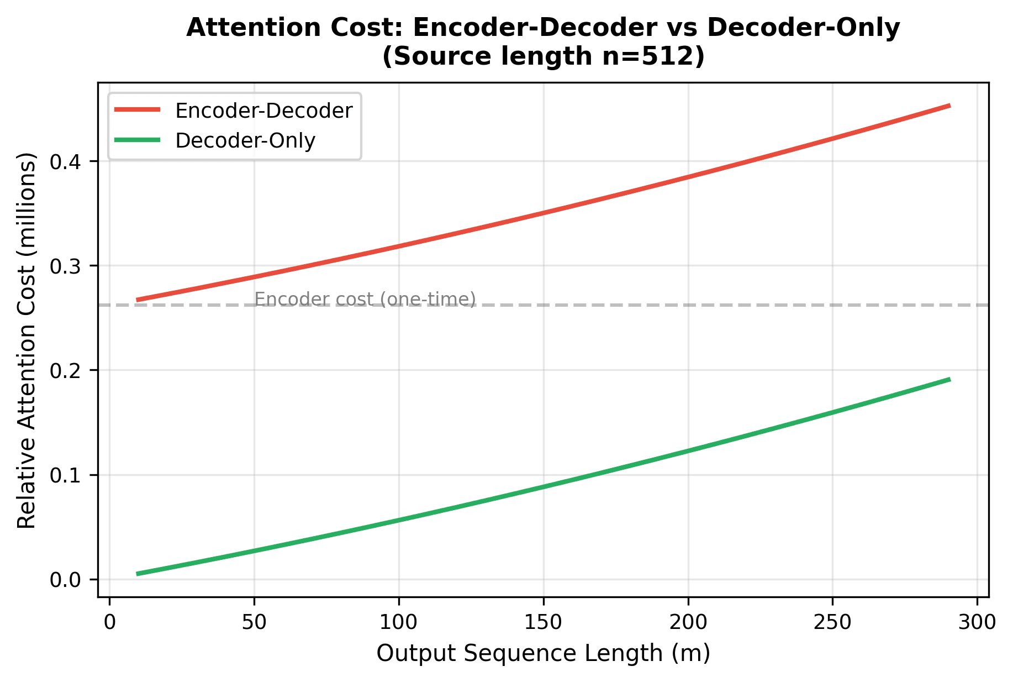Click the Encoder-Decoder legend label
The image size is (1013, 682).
coord(263,111)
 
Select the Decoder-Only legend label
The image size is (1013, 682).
coord(245,140)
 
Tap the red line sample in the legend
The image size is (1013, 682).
coord(138,110)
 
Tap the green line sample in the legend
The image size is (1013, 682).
coord(138,140)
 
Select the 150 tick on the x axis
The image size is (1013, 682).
coord(544,622)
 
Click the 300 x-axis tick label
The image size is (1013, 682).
coord(977,622)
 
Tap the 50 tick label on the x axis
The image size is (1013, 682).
coord(254,622)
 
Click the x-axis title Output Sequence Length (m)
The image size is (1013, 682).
coord(543,653)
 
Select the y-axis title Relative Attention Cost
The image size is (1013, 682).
coord(27,340)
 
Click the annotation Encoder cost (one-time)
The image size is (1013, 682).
coord(365,299)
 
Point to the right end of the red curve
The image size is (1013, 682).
coord(949,106)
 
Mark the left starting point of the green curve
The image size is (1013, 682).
coord(138,574)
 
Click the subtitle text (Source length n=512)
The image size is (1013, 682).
coord(543,57)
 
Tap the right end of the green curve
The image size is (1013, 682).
coord(949,380)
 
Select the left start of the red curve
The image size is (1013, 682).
coord(138,300)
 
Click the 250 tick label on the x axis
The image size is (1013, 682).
coord(832,622)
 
